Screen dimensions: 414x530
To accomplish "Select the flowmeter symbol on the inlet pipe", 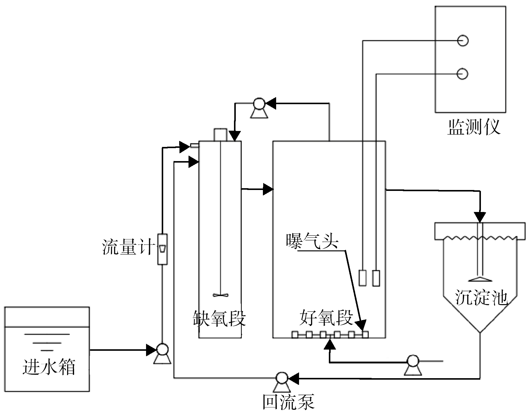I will click(x=162, y=249).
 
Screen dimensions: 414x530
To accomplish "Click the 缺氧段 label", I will click(x=219, y=319).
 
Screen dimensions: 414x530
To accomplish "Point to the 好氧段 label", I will click(x=326, y=318).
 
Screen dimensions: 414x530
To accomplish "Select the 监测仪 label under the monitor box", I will click(x=474, y=127).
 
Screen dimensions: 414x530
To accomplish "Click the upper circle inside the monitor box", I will click(x=463, y=40).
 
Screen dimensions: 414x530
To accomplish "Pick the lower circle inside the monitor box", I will click(x=463, y=74).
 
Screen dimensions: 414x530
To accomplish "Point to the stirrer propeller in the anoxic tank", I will click(x=220, y=295).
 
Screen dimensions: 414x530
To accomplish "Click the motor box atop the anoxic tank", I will click(x=220, y=135).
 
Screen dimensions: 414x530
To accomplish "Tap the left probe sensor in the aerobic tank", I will click(x=363, y=278).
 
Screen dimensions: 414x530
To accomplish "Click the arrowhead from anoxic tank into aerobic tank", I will click(x=268, y=189).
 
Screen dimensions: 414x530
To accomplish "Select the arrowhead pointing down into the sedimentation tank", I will click(x=480, y=217).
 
